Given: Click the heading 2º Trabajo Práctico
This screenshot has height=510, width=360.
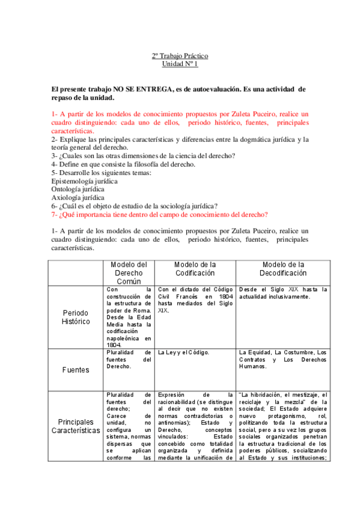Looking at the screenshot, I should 180,56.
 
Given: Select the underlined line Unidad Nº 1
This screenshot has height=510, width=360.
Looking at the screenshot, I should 180,63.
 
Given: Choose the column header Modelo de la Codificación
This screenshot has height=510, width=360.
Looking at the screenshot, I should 195,268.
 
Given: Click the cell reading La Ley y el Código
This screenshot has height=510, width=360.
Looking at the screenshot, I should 183,352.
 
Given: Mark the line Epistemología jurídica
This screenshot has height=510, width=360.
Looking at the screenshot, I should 85,181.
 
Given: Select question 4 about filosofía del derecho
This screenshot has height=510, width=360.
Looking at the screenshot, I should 123,164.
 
